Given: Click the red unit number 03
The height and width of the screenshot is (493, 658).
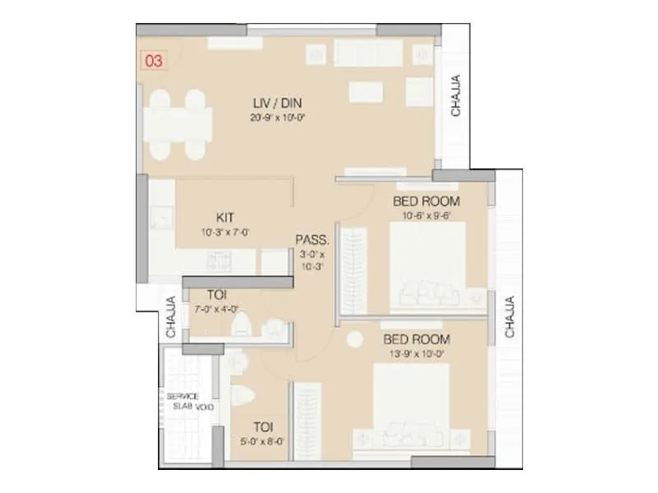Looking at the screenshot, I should tap(152, 61).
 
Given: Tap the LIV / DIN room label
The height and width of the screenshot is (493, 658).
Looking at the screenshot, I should tap(276, 104).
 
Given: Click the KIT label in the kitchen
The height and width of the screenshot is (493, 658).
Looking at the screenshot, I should tap(224, 218).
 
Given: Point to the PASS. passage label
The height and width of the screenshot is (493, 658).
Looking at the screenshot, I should tap(313, 241).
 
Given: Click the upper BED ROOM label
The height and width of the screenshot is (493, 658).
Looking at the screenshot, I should tap(426, 201).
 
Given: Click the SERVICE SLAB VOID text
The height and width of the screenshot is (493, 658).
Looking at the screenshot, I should tap(189, 401).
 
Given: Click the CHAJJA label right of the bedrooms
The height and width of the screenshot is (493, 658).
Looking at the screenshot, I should tap(510, 317).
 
